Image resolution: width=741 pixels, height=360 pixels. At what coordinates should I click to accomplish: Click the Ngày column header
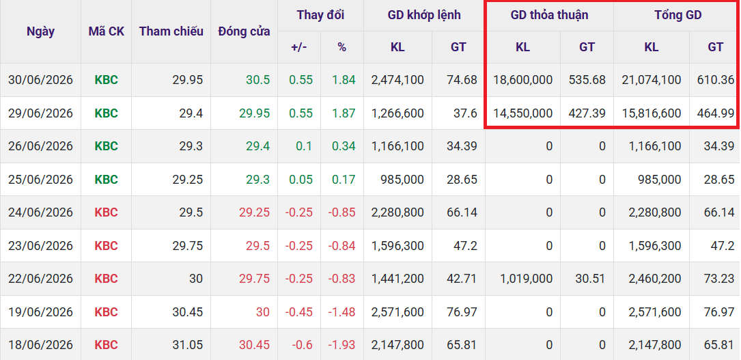(40, 31)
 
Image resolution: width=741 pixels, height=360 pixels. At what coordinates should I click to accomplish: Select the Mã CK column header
(107, 31)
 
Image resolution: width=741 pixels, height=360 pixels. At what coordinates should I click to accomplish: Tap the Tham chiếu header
(171, 31)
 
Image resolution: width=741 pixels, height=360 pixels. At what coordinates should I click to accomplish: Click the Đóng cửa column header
(244, 31)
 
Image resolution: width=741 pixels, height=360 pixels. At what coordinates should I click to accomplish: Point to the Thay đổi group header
(320, 15)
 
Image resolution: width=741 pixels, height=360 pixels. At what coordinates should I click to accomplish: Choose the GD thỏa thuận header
(549, 15)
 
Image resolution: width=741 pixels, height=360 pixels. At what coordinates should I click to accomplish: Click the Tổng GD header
(677, 15)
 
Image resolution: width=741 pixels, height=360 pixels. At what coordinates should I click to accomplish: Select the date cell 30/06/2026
(41, 80)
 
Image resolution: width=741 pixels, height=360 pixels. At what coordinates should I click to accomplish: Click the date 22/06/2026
(41, 279)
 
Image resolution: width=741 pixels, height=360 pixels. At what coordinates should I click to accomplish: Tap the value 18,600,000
(522, 80)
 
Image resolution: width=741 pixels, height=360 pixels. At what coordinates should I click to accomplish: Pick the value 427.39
(587, 113)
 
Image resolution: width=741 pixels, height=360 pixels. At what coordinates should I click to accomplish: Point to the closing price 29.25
(254, 212)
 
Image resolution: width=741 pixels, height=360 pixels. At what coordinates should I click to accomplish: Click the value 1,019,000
(526, 279)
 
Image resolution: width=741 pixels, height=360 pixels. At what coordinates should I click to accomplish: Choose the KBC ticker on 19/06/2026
(107, 311)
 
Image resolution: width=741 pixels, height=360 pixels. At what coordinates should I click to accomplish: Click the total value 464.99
(716, 113)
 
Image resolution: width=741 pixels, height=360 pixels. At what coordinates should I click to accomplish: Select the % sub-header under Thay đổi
(341, 46)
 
